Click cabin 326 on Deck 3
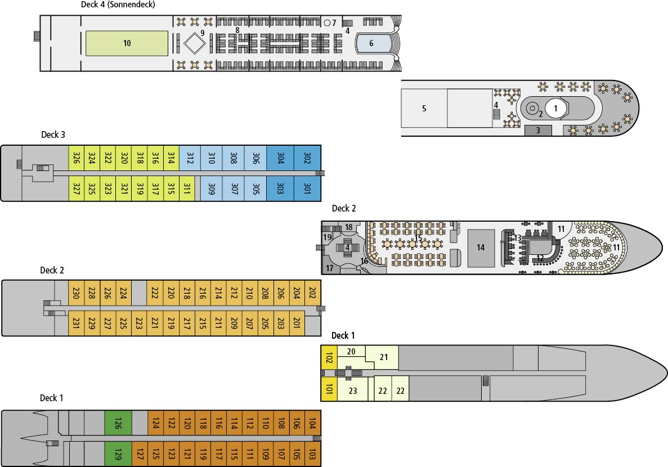[77, 158]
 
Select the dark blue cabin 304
[280, 158]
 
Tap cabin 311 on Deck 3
[187, 188]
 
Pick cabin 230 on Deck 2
[77, 293]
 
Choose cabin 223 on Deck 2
[139, 323]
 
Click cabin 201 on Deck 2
[297, 323]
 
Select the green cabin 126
[118, 423]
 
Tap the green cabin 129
[118, 454]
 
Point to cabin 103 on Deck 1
[312, 454]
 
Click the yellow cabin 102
[329, 357]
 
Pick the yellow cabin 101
[329, 389]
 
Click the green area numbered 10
[127, 43]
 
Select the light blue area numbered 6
[373, 43]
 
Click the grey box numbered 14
[481, 248]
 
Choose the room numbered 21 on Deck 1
[383, 357]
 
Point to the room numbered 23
[353, 390]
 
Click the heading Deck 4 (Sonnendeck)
[118, 5]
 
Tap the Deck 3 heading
[53, 134]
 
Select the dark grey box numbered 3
[538, 131]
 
